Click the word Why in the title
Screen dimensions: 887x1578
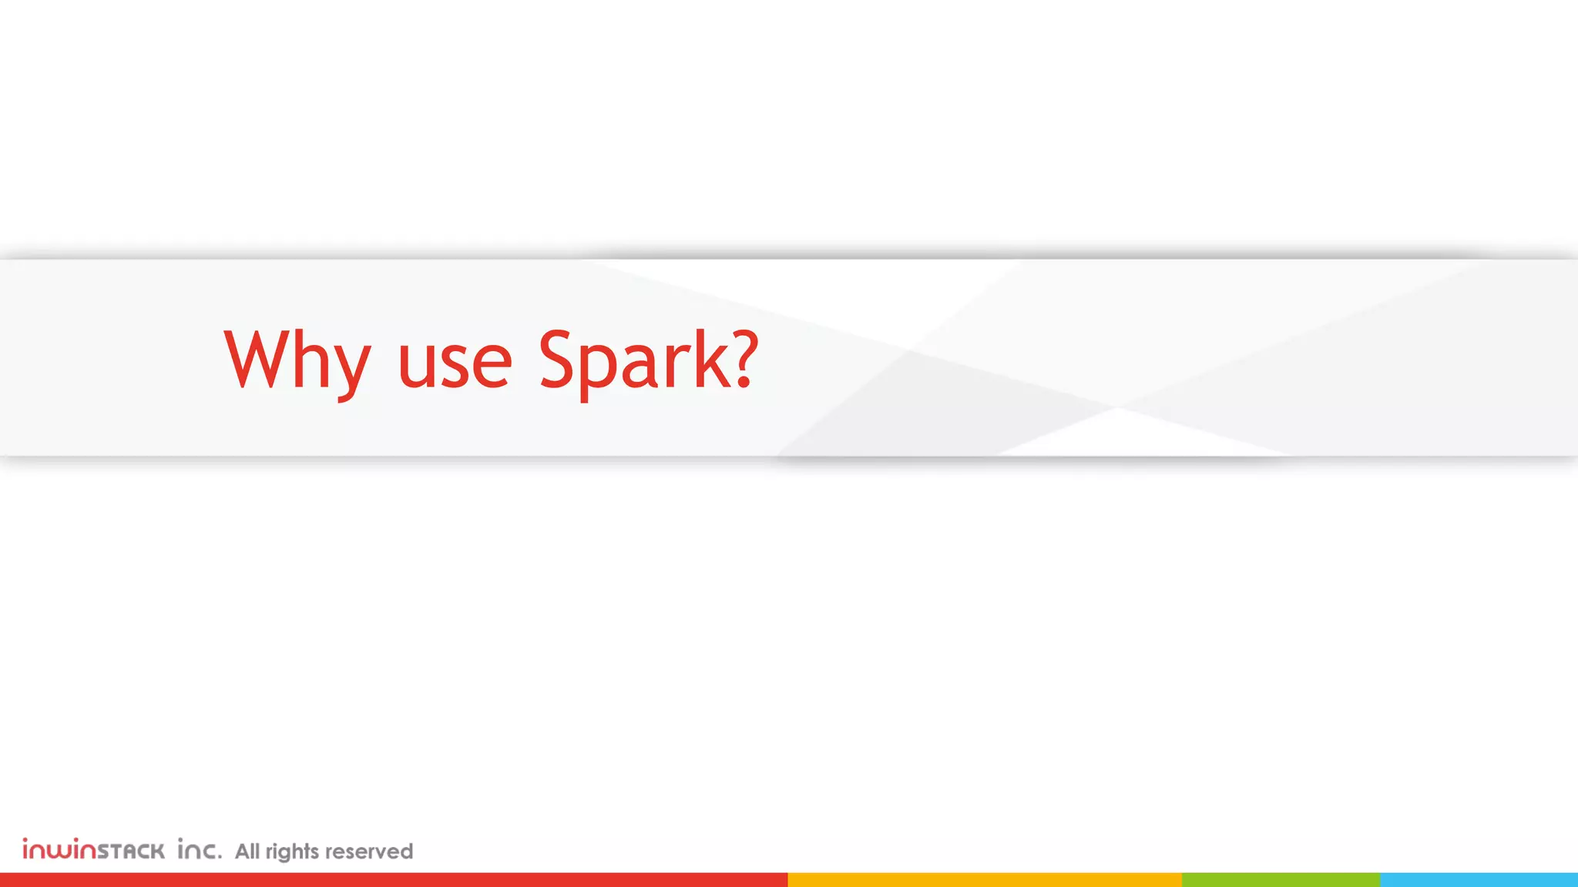(297, 360)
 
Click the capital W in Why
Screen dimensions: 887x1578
(258, 359)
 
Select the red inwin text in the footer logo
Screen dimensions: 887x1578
(59, 849)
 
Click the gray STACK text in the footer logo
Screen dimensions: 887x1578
(131, 851)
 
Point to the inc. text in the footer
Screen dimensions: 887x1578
(200, 849)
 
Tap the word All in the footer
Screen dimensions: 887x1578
(247, 851)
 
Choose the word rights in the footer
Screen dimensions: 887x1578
(292, 852)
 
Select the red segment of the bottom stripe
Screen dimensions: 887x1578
(393, 879)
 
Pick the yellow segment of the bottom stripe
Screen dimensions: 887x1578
(984, 879)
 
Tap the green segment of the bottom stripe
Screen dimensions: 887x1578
(1281, 879)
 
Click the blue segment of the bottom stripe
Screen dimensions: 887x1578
(1479, 879)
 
